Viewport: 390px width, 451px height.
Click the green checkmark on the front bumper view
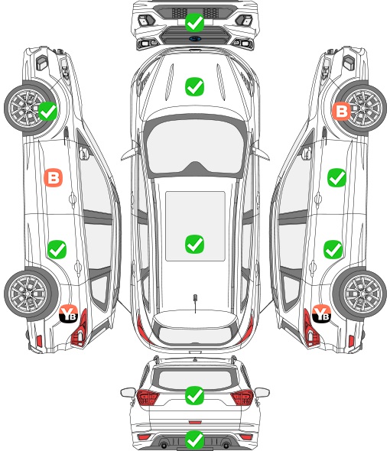coord(194,22)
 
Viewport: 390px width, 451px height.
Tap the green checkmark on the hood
coord(194,86)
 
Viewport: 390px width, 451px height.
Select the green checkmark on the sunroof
coord(194,244)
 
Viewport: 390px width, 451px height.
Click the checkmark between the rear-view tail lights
coord(194,395)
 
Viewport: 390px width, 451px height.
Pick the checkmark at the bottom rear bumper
coord(194,440)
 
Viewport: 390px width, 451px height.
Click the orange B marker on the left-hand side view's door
coord(54,177)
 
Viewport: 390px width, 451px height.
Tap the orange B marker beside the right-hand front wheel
coord(341,112)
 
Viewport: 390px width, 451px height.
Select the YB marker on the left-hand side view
coord(69,313)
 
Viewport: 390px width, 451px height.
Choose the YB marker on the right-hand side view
coord(321,313)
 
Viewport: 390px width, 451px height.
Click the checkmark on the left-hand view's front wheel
coord(47,112)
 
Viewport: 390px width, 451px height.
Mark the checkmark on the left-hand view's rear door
coord(57,249)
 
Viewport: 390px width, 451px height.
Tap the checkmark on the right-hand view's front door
coord(336,177)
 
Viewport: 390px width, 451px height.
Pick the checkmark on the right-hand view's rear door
coord(333,249)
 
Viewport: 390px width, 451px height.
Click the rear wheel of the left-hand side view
coord(31,294)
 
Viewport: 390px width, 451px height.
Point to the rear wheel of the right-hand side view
coord(360,294)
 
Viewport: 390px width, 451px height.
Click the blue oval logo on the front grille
coord(195,38)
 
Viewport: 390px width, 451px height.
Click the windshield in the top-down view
coord(195,147)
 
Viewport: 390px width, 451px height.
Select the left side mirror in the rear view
coord(128,392)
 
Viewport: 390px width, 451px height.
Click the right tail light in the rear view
coord(242,397)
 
